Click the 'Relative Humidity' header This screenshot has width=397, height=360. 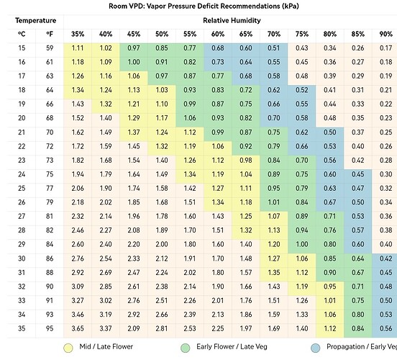(x=232, y=21)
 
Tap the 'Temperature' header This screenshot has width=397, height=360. (x=35, y=21)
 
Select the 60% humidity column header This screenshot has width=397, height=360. (x=218, y=35)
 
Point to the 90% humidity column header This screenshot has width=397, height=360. (x=385, y=35)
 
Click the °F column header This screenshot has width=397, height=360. (x=50, y=35)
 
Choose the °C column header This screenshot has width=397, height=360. (x=22, y=35)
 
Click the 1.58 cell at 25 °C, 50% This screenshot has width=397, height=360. (x=162, y=189)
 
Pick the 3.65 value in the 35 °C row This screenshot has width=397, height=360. (x=78, y=328)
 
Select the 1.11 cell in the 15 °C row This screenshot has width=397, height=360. (x=78, y=48)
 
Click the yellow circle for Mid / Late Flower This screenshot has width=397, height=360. (x=68, y=348)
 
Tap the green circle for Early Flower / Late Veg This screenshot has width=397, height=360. (x=186, y=348)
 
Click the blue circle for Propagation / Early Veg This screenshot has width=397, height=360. (x=316, y=348)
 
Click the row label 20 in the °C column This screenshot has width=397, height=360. (x=22, y=118)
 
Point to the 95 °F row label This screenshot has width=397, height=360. (x=50, y=328)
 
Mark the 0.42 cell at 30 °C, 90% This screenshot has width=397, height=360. (x=385, y=258)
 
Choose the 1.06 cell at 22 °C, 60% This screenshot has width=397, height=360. (x=218, y=146)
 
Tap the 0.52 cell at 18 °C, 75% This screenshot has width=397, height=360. (x=302, y=90)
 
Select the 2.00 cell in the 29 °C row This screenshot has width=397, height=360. (x=162, y=244)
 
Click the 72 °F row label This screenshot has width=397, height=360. (x=50, y=146)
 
